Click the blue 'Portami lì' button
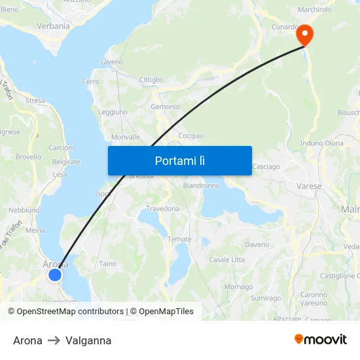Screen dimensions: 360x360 coord(180,160)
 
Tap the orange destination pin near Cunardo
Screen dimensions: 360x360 coord(305,34)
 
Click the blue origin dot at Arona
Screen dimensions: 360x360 coord(55,275)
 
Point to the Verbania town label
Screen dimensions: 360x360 coord(54,26)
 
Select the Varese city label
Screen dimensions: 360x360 coord(310,186)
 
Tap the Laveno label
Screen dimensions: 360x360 coord(111,62)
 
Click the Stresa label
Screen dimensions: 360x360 coord(35,101)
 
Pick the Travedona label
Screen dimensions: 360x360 coord(162,209)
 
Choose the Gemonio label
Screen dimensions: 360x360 coord(165,107)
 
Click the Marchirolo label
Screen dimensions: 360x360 coord(315,10)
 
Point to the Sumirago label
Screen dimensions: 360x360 coord(265,298)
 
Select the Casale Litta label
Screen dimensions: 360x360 coord(226,260)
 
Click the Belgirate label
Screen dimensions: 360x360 coord(65,162)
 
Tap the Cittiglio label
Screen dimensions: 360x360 coord(151,80)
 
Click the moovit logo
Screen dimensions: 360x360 coord(320,340)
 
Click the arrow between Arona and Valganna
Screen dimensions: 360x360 coord(54,340)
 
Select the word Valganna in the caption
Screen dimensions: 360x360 coord(88,340)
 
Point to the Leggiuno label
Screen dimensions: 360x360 coord(113,112)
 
